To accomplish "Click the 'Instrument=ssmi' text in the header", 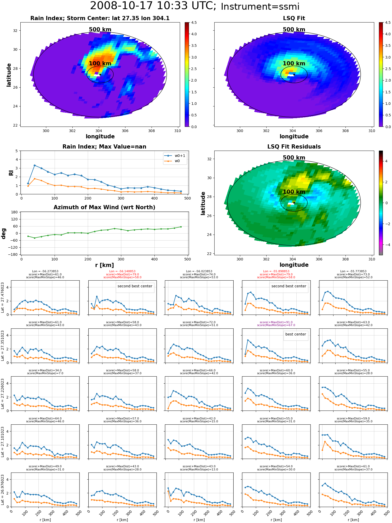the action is tap(260, 7).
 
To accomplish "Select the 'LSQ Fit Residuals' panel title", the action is tap(294, 147).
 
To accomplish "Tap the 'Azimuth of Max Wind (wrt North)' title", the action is tap(104, 207).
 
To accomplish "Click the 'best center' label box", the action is tap(296, 334).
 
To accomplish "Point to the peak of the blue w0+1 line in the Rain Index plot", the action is tap(35, 165).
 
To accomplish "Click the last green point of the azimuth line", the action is tap(181, 227).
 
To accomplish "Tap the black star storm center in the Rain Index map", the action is tap(100, 75).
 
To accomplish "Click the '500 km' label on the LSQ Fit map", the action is tap(294, 30).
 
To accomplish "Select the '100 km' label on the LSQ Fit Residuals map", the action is tap(294, 192).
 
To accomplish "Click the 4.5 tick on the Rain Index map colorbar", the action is tap(194, 22).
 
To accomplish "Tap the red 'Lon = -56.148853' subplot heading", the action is tap(122, 271).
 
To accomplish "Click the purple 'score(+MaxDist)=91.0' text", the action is tap(276, 322).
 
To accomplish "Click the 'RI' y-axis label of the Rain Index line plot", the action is tap(11, 173).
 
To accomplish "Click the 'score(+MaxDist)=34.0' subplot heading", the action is tap(45, 370).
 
